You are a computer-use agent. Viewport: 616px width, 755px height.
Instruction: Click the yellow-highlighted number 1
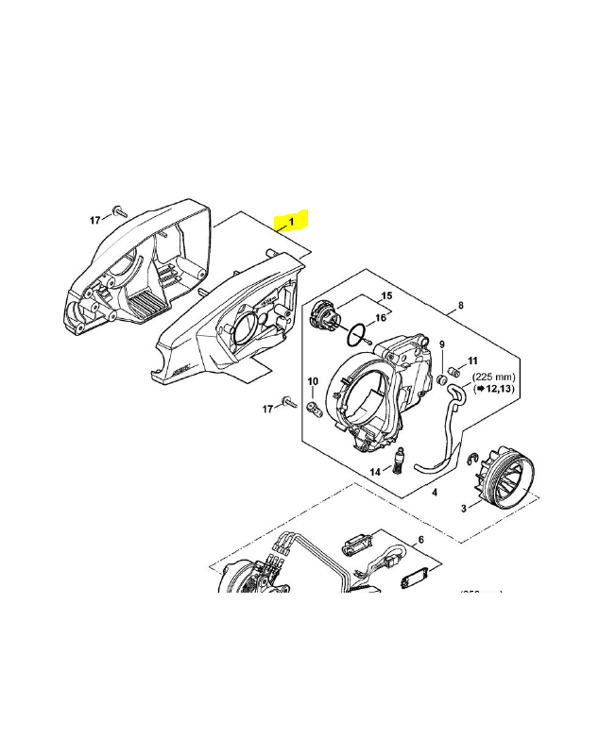292,222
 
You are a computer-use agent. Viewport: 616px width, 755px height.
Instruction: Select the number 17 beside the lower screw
267,408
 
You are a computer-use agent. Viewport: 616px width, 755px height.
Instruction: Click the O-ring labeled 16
355,334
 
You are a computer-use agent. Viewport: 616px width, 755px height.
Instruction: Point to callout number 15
385,296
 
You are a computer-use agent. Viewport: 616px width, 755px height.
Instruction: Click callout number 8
460,305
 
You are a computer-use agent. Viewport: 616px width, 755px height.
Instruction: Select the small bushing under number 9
440,379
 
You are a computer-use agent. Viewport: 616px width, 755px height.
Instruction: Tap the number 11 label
473,361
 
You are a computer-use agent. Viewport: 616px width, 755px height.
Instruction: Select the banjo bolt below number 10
315,407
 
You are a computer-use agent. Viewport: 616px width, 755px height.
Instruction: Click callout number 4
434,492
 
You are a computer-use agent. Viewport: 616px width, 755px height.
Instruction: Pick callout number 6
420,539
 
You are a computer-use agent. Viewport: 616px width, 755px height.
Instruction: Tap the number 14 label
375,471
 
